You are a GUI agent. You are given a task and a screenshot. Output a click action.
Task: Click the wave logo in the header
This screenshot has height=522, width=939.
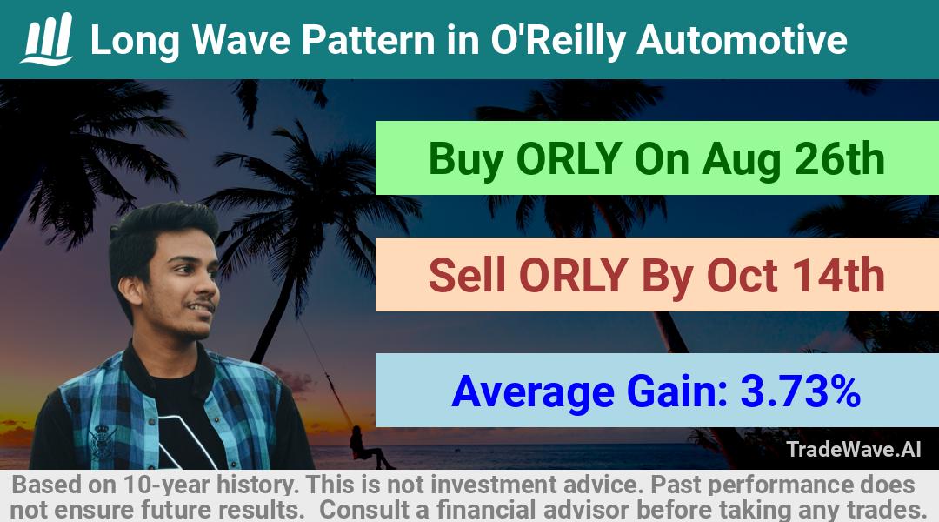[47, 39]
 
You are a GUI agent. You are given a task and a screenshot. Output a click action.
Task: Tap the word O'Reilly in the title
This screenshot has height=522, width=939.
[557, 41]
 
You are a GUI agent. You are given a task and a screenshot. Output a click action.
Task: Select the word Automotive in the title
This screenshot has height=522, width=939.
[742, 40]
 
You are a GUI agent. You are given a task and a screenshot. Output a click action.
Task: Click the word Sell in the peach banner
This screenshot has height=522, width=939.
[467, 276]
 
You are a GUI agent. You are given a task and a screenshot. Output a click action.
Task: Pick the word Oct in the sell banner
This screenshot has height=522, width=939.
[743, 276]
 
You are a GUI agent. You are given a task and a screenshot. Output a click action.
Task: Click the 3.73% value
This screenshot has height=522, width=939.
[801, 391]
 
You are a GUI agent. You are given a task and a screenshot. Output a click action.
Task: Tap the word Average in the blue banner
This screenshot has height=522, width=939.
[533, 392]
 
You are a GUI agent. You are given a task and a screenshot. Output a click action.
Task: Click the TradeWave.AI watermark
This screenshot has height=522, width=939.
[854, 449]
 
